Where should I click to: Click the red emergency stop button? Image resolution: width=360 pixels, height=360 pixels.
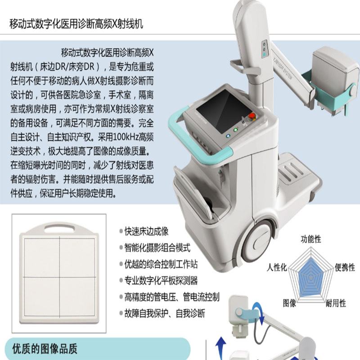(x=252, y=116)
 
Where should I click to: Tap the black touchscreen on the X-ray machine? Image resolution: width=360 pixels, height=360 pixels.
(x=224, y=111)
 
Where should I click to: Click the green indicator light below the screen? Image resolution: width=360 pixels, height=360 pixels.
(x=235, y=130)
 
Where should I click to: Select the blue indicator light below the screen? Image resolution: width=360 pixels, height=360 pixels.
(x=228, y=136)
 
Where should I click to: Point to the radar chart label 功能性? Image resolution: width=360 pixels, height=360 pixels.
(x=311, y=239)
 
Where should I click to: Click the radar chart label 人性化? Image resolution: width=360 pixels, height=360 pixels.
(x=277, y=267)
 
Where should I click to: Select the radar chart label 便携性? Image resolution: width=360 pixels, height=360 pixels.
(x=345, y=267)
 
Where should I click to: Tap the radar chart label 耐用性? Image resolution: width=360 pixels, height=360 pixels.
(x=336, y=303)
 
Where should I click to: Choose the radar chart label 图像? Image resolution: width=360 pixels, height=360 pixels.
(x=289, y=303)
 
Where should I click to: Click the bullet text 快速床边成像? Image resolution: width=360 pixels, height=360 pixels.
(x=147, y=231)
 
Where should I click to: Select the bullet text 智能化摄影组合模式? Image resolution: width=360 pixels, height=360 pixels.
(x=157, y=248)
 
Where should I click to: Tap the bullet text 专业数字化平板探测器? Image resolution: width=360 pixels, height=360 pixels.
(x=161, y=280)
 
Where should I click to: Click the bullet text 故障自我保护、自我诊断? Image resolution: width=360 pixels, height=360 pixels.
(x=165, y=313)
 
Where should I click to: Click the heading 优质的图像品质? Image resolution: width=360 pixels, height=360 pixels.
(x=45, y=349)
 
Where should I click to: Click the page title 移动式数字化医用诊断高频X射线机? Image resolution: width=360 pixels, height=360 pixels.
(x=76, y=24)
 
